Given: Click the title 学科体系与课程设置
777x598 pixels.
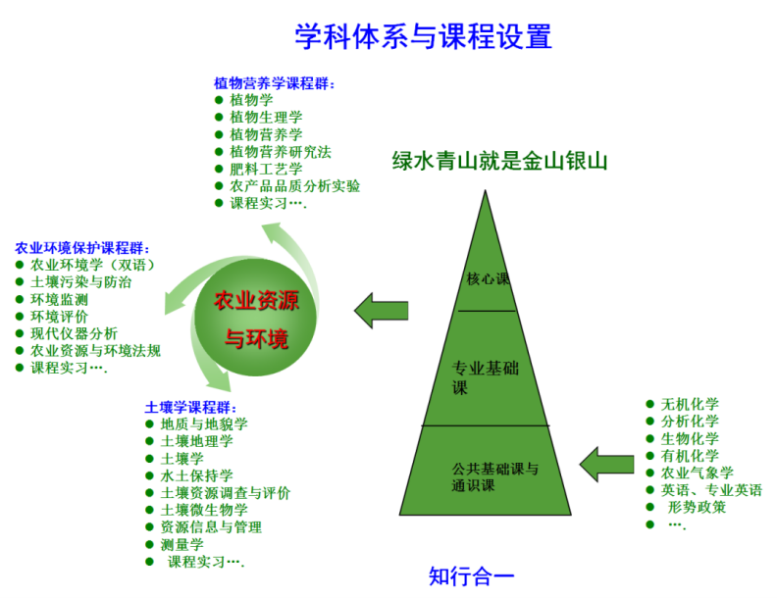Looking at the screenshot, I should pyautogui.click(x=423, y=36).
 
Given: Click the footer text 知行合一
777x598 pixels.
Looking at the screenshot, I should pyautogui.click(x=471, y=575).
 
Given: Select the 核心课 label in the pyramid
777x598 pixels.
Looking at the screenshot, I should pyautogui.click(x=488, y=278).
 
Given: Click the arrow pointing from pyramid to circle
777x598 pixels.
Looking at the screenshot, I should pyautogui.click(x=381, y=310).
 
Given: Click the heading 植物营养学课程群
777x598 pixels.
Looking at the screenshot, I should pyautogui.click(x=275, y=83).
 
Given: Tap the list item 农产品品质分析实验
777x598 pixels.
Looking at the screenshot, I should pyautogui.click(x=294, y=186).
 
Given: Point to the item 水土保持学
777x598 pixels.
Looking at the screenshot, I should pyautogui.click(x=196, y=475).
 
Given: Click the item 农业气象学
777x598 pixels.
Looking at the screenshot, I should pyautogui.click(x=697, y=473).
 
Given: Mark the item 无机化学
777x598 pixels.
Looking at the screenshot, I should pyautogui.click(x=690, y=404).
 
